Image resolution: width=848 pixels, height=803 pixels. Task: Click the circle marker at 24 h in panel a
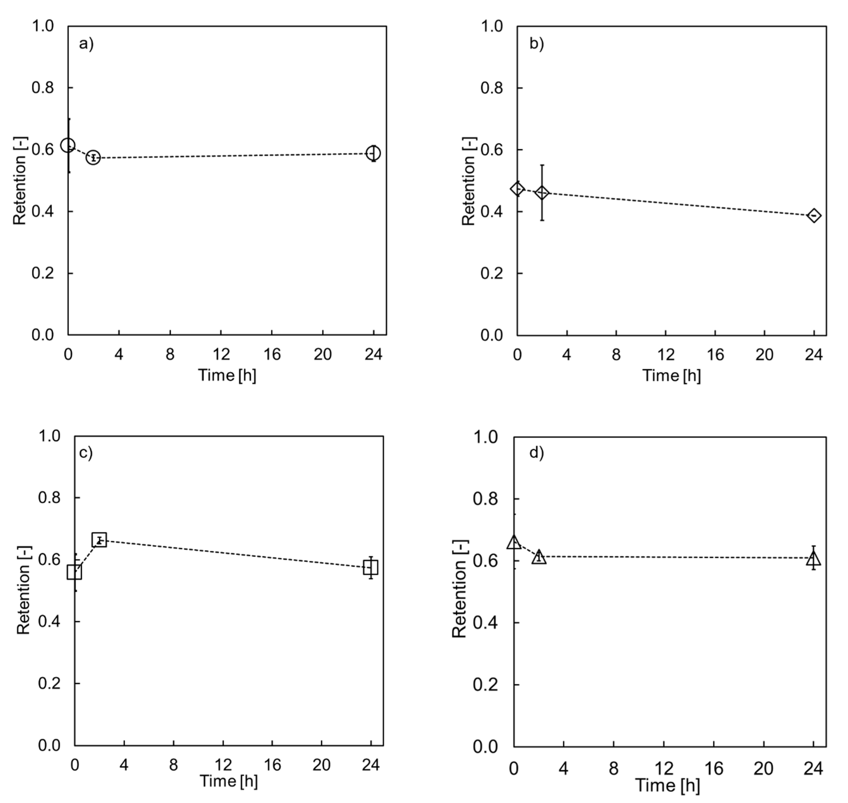(374, 153)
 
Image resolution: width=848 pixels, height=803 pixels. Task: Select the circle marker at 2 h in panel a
(93, 157)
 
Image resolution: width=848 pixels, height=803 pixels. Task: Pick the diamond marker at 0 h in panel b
(517, 188)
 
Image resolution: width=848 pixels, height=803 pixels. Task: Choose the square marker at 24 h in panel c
(371, 568)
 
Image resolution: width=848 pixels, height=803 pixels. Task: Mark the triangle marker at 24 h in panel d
(813, 559)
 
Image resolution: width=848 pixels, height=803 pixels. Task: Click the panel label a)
(86, 44)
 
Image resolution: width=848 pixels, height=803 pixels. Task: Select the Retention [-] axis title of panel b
(469, 181)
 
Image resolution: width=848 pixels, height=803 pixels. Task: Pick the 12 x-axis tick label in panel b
(665, 355)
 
